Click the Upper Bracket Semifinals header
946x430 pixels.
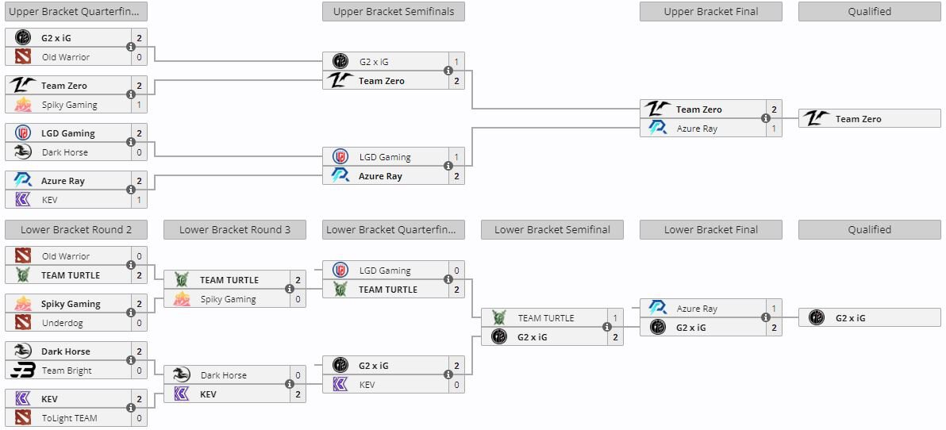pos(393,11)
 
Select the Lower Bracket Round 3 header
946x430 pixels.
pos(234,229)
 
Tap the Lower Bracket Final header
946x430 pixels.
pos(710,229)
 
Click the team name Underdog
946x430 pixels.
pos(63,323)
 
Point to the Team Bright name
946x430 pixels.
pos(67,370)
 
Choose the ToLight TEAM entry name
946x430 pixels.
pos(70,418)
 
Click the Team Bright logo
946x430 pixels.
pos(23,370)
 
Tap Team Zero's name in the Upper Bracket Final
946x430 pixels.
pos(698,109)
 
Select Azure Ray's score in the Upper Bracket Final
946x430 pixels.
pos(774,129)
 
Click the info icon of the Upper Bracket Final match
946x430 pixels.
pos(766,119)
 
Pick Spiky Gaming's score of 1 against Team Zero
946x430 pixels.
pos(139,105)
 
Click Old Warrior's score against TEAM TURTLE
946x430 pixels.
pos(139,256)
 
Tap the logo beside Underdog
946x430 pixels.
pos(23,323)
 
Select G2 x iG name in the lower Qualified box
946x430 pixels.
pos(850,318)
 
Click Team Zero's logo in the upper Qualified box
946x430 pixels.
pos(817,119)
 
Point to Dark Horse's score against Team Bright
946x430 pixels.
pos(139,351)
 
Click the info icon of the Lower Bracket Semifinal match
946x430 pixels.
pos(607,328)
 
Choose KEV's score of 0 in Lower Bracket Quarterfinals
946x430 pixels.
pos(456,385)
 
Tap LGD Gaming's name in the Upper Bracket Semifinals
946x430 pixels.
pos(385,157)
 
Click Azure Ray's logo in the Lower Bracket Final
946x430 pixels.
pos(658,309)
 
